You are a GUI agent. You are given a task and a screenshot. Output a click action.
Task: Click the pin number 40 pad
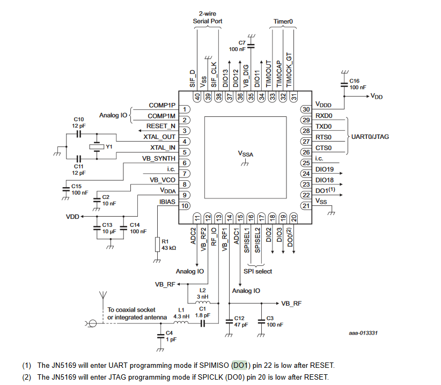(197, 97)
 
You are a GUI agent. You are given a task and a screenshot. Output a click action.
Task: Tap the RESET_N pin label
(160, 126)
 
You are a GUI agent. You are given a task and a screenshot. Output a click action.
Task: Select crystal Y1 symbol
(97, 146)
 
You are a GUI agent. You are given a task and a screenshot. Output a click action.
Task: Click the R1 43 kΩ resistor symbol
(158, 244)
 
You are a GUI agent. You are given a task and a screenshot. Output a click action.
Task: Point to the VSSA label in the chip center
(246, 154)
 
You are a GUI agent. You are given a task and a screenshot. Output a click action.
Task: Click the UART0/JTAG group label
(370, 137)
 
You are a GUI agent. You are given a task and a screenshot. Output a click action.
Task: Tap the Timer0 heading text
(283, 21)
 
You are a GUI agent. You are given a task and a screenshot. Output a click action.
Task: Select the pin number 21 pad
(306, 206)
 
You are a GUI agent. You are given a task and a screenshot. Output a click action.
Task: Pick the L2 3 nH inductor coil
(202, 302)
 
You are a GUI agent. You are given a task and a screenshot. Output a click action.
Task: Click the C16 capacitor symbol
(344, 85)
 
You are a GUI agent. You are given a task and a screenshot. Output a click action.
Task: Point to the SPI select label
(258, 271)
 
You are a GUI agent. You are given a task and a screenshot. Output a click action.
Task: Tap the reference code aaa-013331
(363, 333)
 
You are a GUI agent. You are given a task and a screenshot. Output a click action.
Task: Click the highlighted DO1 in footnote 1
(240, 365)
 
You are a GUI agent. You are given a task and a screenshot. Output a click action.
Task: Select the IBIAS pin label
(167, 202)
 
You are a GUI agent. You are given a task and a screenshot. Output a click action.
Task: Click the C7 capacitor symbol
(251, 46)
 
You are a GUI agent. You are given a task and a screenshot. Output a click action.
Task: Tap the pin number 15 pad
(240, 218)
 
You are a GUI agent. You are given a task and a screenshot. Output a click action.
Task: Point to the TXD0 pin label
(324, 127)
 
